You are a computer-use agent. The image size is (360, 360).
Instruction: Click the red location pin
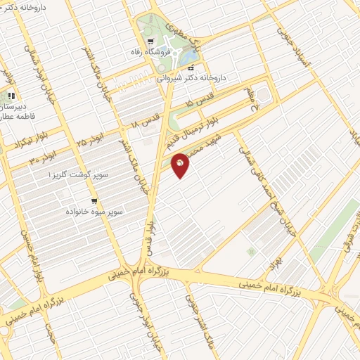(x=180, y=164)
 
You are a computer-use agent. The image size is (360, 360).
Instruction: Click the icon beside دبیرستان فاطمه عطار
(x=11, y=96)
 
